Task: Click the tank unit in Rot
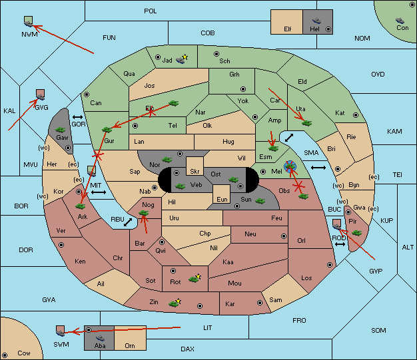[194, 279]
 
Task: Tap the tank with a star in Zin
[174, 303]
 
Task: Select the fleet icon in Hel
[316, 21]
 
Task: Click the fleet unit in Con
[400, 21]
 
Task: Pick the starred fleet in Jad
[181, 60]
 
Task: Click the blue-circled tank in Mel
[290, 166]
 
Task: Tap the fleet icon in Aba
[100, 338]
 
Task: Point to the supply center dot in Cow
[5, 355]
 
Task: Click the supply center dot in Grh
[243, 89]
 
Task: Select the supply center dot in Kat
[356, 115]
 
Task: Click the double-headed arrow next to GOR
[77, 117]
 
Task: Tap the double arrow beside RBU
[128, 222]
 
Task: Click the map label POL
[151, 11]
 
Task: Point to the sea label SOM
[378, 331]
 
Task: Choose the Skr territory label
[195, 172]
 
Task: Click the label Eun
[222, 199]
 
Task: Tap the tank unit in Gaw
[60, 130]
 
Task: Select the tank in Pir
[356, 233]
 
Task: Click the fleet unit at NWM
[29, 21]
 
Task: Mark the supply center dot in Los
[330, 265]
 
